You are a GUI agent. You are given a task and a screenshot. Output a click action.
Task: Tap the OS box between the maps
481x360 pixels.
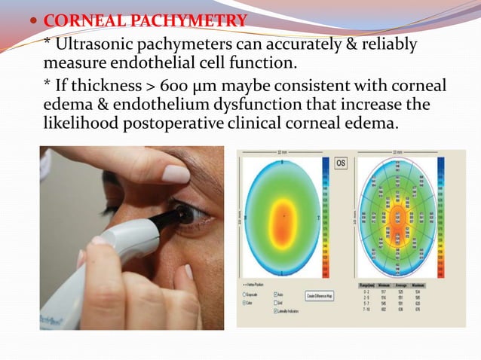(340, 163)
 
